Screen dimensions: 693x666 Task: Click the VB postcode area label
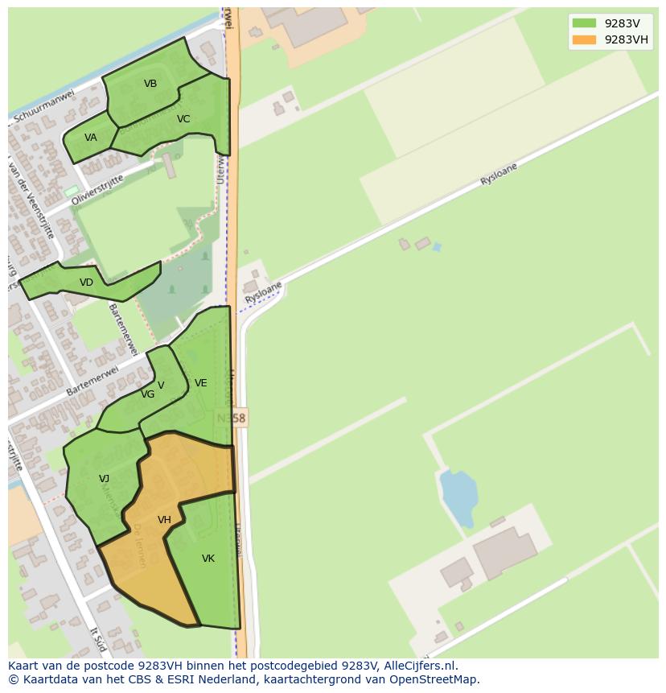click(150, 84)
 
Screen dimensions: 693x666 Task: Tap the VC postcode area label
click(183, 119)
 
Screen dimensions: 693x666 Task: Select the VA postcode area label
click(90, 138)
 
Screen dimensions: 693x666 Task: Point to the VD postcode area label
click(86, 283)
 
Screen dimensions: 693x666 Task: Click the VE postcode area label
click(201, 383)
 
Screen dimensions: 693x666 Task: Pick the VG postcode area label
click(147, 394)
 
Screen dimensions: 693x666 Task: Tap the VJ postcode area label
click(104, 479)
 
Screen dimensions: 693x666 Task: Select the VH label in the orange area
click(164, 520)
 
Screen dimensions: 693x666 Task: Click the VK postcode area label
click(208, 559)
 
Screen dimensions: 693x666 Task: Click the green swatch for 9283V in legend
click(584, 23)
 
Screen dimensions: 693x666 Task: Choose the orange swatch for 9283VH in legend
click(584, 39)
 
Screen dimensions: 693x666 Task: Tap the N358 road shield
click(232, 419)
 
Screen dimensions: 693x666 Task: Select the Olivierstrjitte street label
click(97, 190)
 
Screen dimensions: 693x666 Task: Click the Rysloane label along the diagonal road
click(498, 175)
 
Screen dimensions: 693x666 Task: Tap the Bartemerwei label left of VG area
click(92, 380)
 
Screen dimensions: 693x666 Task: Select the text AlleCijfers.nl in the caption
click(420, 666)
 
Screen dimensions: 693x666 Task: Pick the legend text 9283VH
click(627, 39)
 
